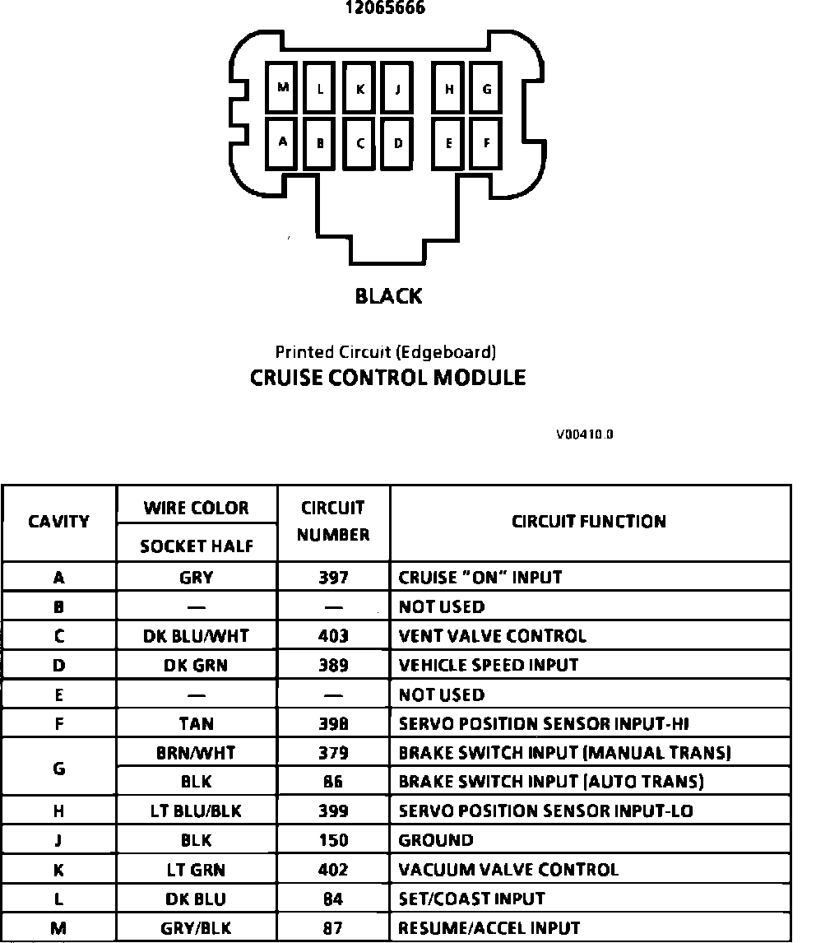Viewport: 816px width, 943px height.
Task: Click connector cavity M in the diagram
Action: (282, 87)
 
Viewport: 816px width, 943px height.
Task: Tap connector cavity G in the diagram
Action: (487, 89)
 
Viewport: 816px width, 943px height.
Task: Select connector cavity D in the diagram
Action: (398, 143)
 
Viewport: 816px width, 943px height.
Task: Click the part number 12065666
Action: (385, 9)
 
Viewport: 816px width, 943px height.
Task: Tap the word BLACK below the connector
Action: (388, 296)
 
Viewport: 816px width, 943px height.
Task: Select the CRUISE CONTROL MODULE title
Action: (387, 378)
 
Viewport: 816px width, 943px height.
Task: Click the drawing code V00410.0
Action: (584, 434)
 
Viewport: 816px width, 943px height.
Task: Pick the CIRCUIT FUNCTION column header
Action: (589, 522)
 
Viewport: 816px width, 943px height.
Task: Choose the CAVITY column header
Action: (59, 522)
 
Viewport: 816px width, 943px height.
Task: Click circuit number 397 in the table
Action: (333, 578)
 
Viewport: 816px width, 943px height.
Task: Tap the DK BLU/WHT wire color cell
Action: (196, 636)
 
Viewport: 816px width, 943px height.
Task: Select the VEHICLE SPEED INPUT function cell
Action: (488, 665)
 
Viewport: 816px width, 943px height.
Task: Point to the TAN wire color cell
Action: (196, 724)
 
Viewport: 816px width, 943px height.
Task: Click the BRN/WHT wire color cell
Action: (196, 753)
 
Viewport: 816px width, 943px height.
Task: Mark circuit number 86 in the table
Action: (333, 782)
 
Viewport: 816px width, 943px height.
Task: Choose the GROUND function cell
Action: (436, 840)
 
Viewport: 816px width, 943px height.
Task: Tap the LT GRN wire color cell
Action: (196, 870)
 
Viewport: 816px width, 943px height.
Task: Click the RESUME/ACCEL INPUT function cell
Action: (489, 928)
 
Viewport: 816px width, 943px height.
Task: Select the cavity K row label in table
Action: (58, 870)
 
